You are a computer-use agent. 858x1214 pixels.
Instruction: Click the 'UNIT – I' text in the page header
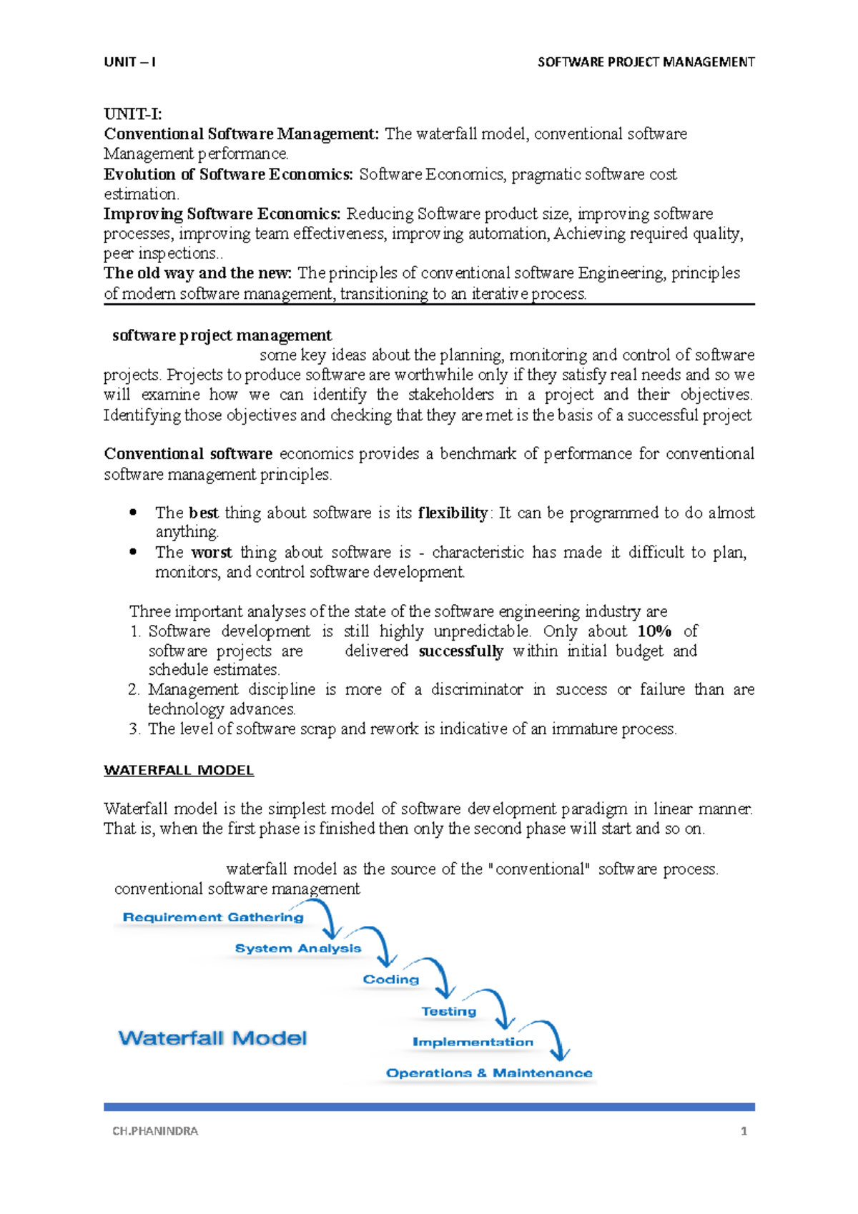(x=129, y=62)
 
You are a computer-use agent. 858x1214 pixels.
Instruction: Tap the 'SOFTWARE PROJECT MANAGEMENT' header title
(x=646, y=62)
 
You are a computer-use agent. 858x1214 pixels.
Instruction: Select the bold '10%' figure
(x=654, y=631)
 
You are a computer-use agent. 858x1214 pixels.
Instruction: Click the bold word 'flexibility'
(x=453, y=513)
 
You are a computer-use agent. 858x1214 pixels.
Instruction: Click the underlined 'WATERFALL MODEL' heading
(x=179, y=770)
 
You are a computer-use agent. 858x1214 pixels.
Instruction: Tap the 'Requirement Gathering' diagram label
(x=213, y=917)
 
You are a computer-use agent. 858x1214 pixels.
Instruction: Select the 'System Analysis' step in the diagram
(x=298, y=948)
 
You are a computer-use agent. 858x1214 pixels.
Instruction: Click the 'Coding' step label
(x=390, y=979)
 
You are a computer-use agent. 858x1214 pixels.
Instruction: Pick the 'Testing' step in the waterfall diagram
(x=448, y=1011)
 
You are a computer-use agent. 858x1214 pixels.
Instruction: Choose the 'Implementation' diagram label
(x=473, y=1042)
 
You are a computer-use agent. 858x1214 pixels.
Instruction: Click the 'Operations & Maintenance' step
(x=489, y=1073)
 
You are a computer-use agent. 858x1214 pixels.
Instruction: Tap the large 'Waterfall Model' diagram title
(x=212, y=1038)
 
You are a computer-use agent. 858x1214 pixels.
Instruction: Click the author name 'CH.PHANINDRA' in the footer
(x=155, y=1131)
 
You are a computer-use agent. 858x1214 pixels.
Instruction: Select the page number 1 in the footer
(x=744, y=1131)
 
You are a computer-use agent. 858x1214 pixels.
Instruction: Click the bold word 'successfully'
(x=460, y=651)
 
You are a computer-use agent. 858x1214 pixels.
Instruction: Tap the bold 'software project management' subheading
(x=222, y=335)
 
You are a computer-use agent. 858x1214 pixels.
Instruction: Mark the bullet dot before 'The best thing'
(x=132, y=513)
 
